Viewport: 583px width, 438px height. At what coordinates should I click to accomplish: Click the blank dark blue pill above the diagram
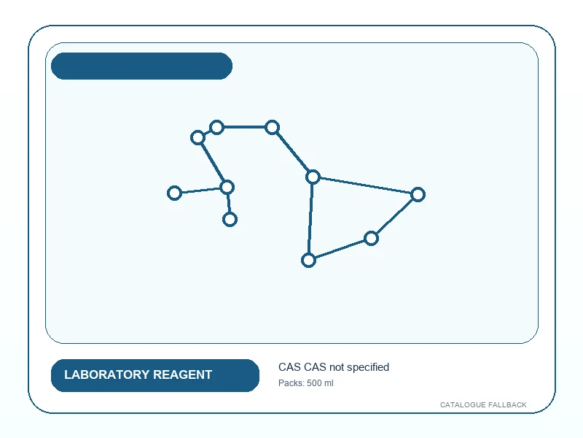click(x=141, y=66)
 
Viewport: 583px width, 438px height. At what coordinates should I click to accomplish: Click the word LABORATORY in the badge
click(x=106, y=374)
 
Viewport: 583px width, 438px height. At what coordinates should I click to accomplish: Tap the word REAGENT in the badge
click(x=183, y=374)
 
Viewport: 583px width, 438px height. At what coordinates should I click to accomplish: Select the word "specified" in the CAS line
click(x=368, y=368)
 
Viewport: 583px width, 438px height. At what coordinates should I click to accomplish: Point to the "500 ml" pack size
click(x=320, y=383)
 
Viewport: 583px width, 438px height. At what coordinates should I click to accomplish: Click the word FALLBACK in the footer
click(x=507, y=405)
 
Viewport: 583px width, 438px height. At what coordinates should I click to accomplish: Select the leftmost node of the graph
click(x=174, y=193)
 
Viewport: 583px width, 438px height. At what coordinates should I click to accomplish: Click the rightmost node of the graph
click(x=418, y=194)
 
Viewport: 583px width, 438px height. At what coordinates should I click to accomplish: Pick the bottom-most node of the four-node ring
click(x=308, y=261)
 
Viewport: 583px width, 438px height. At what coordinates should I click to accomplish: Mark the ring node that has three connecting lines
click(x=313, y=177)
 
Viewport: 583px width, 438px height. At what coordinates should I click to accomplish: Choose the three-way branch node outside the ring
click(x=227, y=187)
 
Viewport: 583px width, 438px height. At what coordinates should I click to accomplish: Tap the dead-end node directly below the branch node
click(x=230, y=220)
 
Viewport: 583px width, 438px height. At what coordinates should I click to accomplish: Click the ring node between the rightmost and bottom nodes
click(x=371, y=239)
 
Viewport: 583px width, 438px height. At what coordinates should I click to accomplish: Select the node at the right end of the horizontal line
click(x=272, y=127)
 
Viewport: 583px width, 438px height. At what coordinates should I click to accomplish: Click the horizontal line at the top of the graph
click(x=244, y=127)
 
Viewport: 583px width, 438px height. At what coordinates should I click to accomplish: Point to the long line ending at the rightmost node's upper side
click(x=366, y=185)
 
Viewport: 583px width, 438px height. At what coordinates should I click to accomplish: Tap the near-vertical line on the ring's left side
click(x=311, y=218)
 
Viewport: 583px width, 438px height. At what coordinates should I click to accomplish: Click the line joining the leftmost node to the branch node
click(x=201, y=190)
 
